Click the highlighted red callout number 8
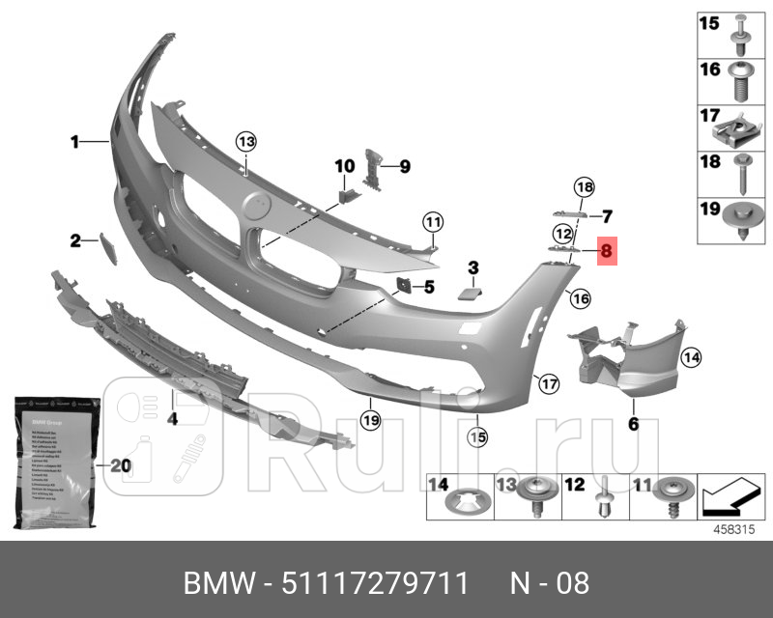point(607,251)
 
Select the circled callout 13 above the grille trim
point(246,142)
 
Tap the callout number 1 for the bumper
point(73,142)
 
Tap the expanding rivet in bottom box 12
point(603,500)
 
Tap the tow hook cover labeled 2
point(107,249)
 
